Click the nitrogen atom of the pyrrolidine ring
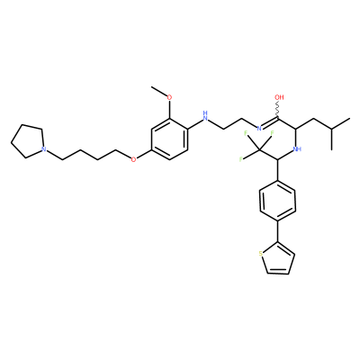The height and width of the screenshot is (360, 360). [x=44, y=148]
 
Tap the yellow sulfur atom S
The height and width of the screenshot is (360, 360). [x=261, y=255]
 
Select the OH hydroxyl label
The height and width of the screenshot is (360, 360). [x=279, y=97]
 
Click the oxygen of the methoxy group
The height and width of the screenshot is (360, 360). [x=169, y=97]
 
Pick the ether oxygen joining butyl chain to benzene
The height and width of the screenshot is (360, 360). [x=133, y=159]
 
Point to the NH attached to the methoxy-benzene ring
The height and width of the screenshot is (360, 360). [x=205, y=116]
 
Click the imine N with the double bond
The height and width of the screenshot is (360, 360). [x=259, y=129]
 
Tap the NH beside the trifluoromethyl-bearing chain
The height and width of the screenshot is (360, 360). [x=297, y=148]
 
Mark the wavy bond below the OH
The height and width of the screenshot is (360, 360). [x=278, y=110]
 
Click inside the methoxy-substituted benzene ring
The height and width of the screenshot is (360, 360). [x=170, y=139]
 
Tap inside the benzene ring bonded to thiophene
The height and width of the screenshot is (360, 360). [x=278, y=201]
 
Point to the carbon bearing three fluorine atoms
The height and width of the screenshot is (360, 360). [x=260, y=149]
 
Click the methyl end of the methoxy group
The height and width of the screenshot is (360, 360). [x=152, y=87]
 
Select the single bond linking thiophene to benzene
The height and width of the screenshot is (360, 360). [x=278, y=231]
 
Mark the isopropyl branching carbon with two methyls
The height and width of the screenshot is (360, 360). [x=331, y=129]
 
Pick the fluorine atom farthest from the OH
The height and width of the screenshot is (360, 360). [x=241, y=159]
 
